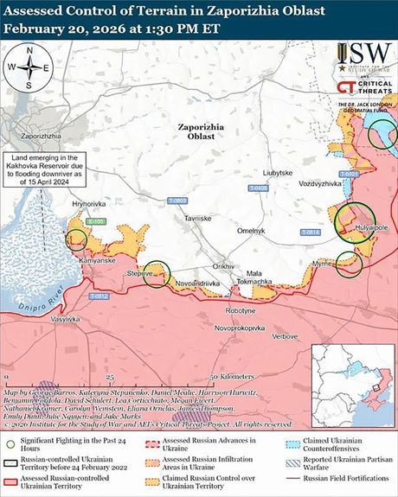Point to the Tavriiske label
click(197, 219)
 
